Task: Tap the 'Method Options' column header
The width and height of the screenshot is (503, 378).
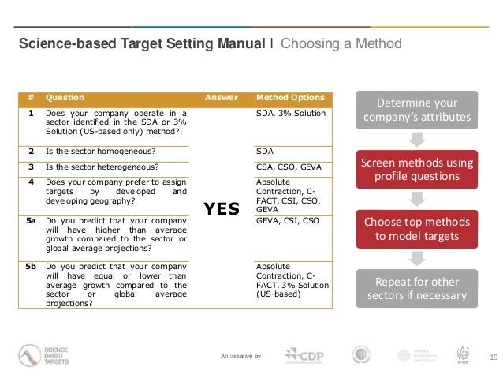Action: tap(290, 98)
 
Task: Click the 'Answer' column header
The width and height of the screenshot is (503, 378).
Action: tap(222, 98)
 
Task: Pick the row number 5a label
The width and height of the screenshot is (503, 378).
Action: tap(31, 221)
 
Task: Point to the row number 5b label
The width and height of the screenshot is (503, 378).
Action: tap(31, 267)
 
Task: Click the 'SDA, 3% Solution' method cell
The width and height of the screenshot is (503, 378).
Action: tap(291, 113)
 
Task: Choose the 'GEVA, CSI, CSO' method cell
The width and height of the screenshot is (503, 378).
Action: tap(288, 221)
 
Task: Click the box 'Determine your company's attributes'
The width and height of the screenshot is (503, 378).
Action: tap(417, 111)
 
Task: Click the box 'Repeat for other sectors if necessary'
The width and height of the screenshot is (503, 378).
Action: tap(417, 289)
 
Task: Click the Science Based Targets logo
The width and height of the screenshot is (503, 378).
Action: tap(44, 356)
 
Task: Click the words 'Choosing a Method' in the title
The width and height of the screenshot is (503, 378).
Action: tap(341, 43)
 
